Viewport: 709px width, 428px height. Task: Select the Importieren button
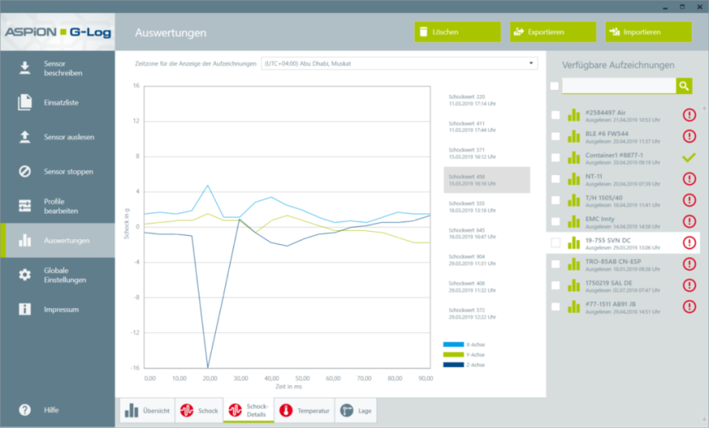[x=648, y=32]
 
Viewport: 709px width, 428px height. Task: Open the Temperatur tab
[x=304, y=411]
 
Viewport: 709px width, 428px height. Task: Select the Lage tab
[x=357, y=411]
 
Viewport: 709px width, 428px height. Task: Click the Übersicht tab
[x=148, y=411]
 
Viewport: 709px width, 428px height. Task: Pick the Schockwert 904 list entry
[x=469, y=260]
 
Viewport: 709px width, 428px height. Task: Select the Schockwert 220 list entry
[x=469, y=100]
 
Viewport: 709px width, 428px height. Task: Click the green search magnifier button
[x=683, y=86]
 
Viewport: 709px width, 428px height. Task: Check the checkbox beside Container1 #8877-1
[x=555, y=158]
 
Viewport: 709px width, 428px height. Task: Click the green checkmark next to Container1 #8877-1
[x=689, y=157]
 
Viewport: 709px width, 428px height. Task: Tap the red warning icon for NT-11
[x=689, y=178]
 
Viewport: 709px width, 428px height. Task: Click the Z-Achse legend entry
[x=464, y=365]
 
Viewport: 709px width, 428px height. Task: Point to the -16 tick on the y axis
[x=136, y=368]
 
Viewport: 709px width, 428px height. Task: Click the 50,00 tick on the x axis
[x=302, y=378]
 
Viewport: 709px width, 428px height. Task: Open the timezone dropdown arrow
[x=532, y=63]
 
